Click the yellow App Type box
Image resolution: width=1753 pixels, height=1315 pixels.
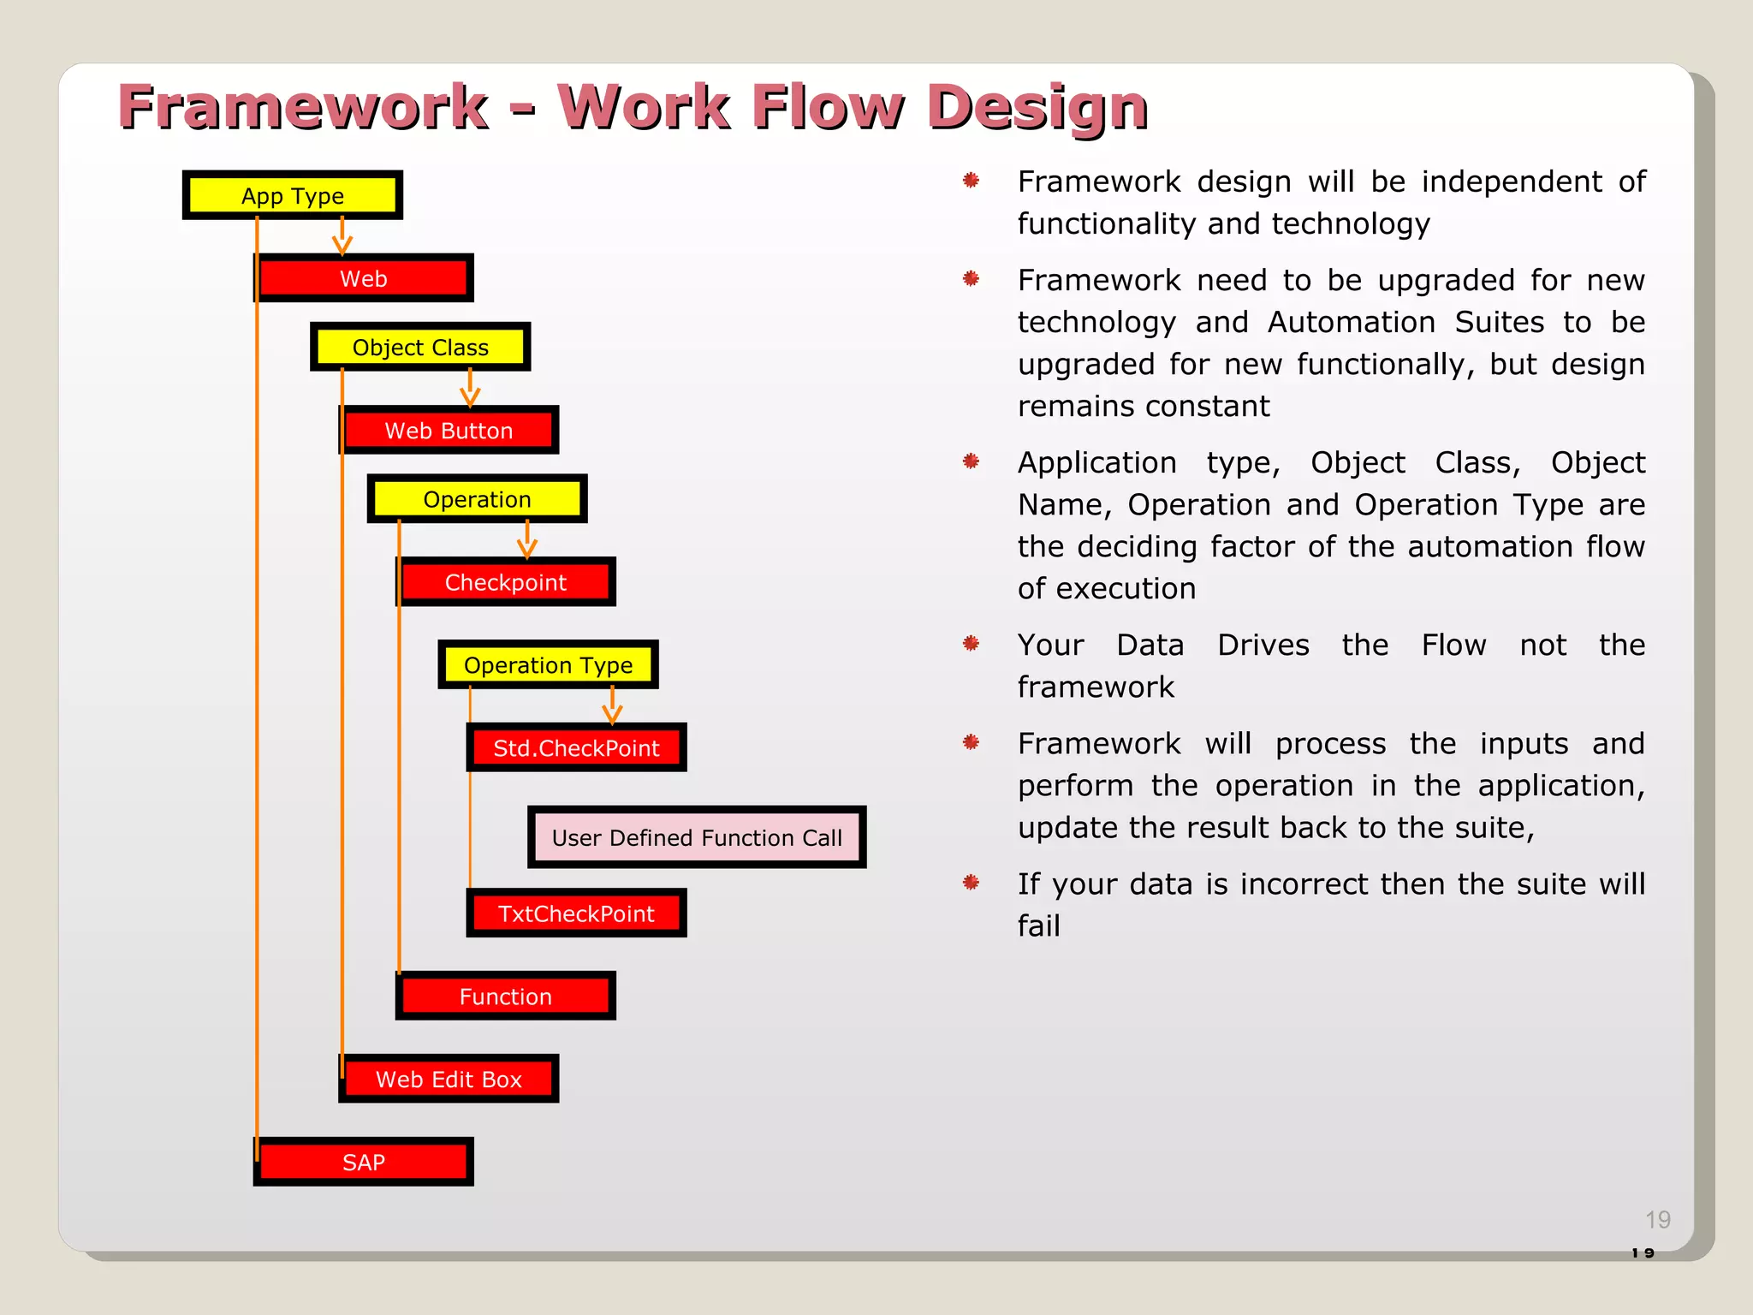292,195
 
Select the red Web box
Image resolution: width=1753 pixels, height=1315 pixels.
363,278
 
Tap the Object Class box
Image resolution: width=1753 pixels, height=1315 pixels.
419,347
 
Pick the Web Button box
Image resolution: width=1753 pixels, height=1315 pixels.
449,430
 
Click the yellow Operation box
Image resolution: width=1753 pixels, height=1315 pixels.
477,498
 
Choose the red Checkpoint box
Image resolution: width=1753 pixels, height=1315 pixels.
505,582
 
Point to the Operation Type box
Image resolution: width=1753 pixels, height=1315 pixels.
548,664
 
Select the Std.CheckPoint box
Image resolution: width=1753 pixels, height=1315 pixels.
576,747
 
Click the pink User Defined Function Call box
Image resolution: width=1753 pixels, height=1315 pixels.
697,837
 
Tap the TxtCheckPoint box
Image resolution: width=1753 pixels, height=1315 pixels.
576,913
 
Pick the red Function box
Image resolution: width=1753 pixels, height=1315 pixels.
505,996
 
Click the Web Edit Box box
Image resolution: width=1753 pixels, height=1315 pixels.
449,1079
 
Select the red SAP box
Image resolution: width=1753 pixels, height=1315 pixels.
363,1162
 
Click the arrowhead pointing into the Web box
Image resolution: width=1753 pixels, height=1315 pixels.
342,247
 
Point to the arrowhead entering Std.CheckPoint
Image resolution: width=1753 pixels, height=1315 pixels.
612,715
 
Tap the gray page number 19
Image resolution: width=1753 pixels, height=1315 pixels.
1657,1219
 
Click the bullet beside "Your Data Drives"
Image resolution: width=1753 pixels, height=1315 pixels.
971,643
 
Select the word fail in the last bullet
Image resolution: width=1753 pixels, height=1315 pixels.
1038,925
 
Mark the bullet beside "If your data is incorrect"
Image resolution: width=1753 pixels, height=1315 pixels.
971,882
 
